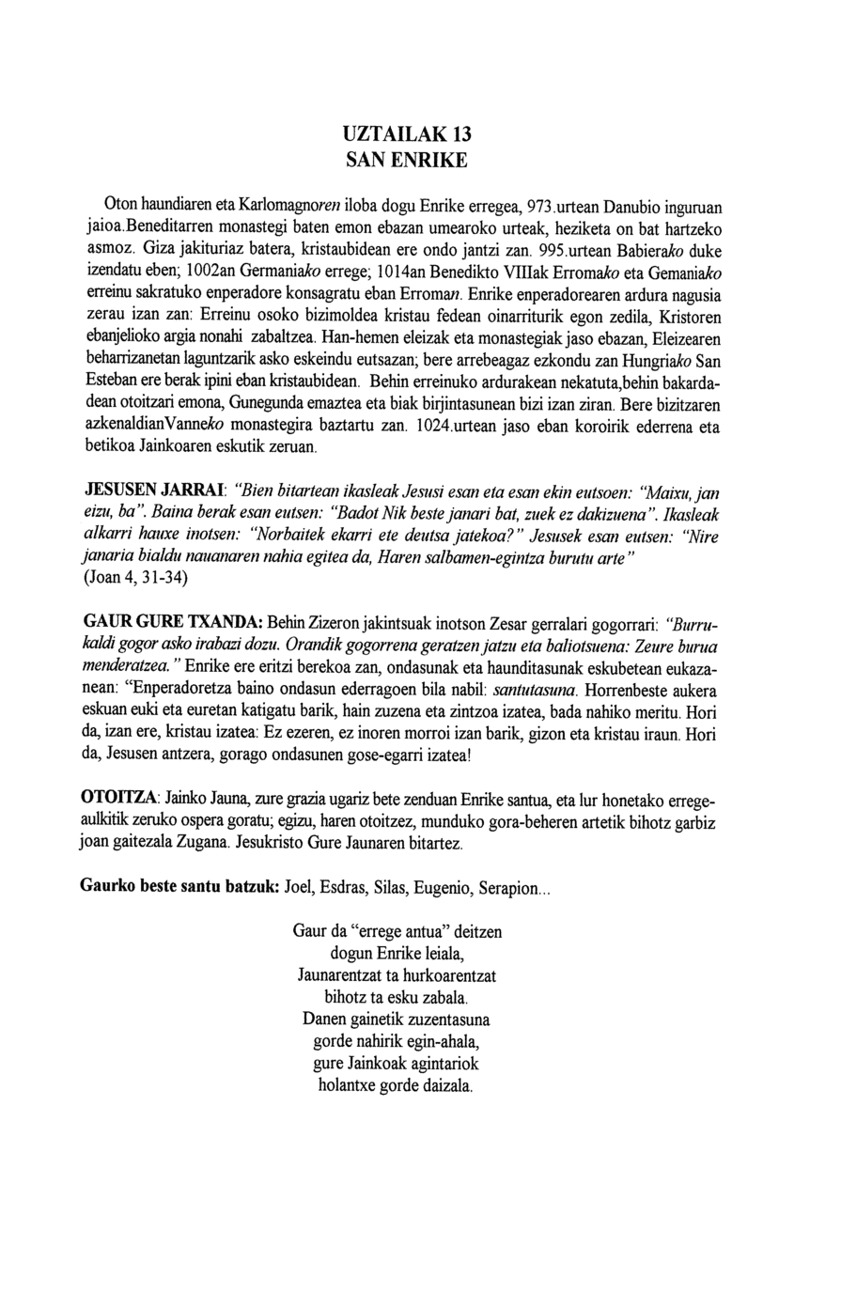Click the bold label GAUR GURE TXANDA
[173, 624]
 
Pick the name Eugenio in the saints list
[441, 887]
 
